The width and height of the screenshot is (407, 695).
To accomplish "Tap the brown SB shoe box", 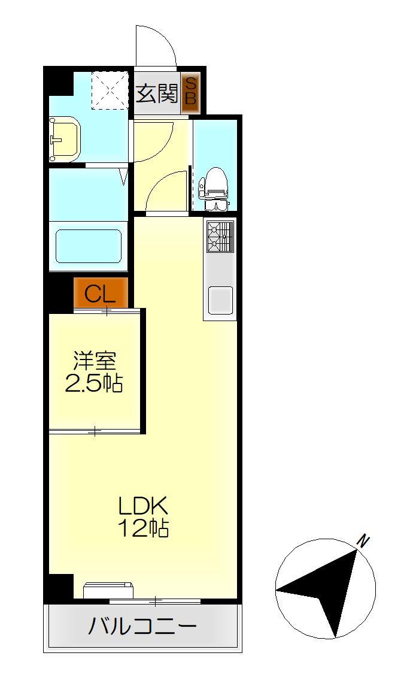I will coord(190,92).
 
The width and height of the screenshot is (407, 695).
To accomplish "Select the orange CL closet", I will coord(101,294).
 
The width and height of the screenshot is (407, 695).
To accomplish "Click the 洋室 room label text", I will coord(94,361).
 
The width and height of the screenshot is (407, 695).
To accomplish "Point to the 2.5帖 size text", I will coord(94,383).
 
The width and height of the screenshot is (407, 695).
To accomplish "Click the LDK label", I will coord(144,507).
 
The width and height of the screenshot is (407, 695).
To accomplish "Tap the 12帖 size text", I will coord(144,529).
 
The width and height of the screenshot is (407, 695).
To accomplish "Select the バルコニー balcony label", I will coord(142,627).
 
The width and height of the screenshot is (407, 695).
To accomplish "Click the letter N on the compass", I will coord(362,541).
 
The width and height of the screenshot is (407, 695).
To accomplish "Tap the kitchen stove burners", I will coord(220,238).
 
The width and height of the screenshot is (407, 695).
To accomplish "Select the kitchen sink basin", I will coord(220,300).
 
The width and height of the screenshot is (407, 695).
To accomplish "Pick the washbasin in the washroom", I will coord(64,139).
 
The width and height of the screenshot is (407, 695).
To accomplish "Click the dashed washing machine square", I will coord(110,90).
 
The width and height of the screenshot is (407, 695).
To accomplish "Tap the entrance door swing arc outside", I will coord(157,46).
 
